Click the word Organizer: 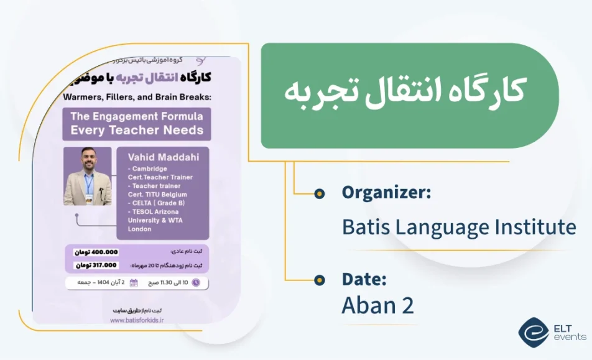[386, 193]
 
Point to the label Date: [364, 279]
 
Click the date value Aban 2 [377, 305]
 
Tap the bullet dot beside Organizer [319, 193]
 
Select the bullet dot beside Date [319, 280]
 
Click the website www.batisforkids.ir [137, 321]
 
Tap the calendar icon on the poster [133, 283]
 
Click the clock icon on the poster [196, 283]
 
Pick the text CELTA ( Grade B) [158, 203]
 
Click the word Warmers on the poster [83, 97]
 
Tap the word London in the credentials [139, 229]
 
